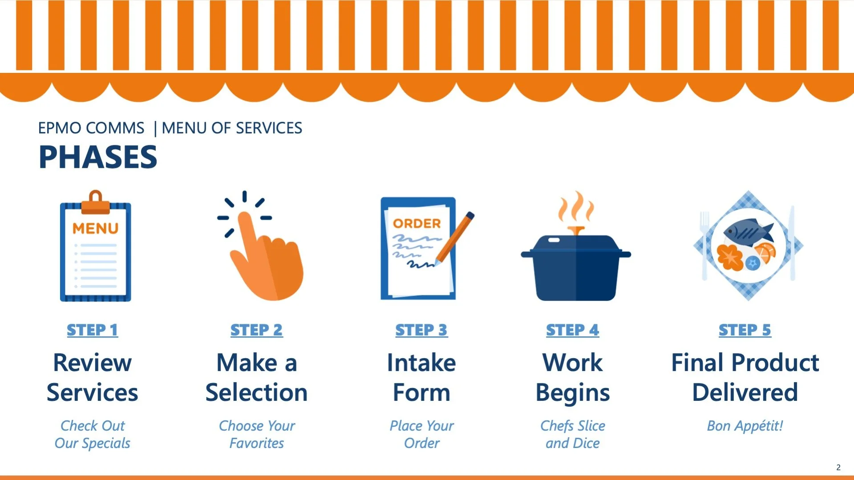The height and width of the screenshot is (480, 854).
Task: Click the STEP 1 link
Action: (x=93, y=330)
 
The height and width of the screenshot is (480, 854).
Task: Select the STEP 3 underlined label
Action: (x=421, y=330)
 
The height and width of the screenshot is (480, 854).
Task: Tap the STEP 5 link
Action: (x=745, y=330)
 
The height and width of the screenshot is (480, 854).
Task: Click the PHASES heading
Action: (x=98, y=157)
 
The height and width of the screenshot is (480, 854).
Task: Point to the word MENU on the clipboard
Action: (x=96, y=229)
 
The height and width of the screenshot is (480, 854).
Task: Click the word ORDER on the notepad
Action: (x=417, y=223)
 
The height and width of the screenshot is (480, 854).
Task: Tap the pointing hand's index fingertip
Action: (x=244, y=218)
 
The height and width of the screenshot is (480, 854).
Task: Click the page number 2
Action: (x=838, y=467)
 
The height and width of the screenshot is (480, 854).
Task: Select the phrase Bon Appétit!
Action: (x=745, y=426)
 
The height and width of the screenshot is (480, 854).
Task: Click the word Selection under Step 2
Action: (x=256, y=392)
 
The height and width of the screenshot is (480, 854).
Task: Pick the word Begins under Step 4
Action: (x=573, y=393)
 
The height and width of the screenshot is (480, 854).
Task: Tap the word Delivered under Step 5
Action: (x=745, y=392)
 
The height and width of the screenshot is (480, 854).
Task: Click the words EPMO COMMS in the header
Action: (x=91, y=128)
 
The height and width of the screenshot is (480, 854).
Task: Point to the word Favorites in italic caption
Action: (x=257, y=443)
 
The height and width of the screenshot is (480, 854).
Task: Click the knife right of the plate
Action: (x=792, y=243)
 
